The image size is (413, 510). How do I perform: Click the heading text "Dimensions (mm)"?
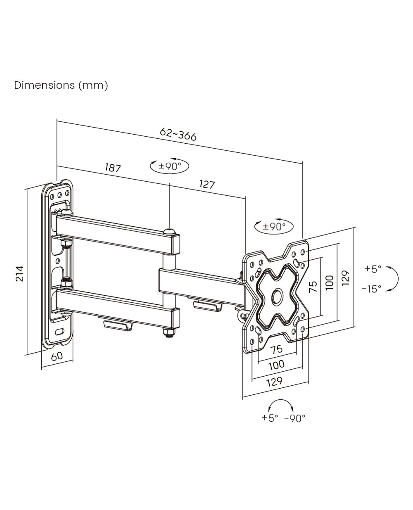[x=61, y=85]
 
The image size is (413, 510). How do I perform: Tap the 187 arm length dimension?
[x=113, y=168]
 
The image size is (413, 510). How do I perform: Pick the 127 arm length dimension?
[x=207, y=184]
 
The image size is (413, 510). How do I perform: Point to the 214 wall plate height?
[x=20, y=273]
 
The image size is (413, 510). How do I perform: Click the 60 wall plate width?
[x=57, y=356]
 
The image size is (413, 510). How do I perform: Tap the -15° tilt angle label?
[x=372, y=289]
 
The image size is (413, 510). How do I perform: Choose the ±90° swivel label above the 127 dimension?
[x=170, y=166]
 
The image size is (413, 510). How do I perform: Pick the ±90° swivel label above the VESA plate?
[x=274, y=226]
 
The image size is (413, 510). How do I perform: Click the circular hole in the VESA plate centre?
[x=277, y=297]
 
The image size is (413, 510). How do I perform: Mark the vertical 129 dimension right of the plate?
[x=346, y=278]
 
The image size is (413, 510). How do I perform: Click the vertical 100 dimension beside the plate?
[x=330, y=282]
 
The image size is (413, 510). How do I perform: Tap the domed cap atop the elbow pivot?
[x=169, y=231]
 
